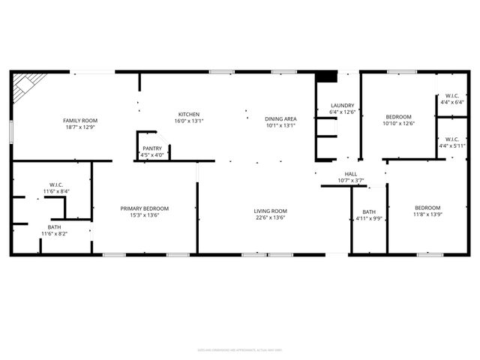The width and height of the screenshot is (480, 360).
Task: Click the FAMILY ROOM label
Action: tap(79, 120)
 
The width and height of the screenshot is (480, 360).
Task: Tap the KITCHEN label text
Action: tap(188, 114)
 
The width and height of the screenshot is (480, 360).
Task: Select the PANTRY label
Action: tap(152, 149)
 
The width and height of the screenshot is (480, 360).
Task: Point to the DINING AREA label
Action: tap(281, 119)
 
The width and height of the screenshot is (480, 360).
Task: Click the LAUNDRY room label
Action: tap(331, 106)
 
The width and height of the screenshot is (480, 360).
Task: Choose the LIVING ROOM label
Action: tap(270, 211)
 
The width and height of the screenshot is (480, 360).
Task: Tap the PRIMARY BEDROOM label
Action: tap(145, 208)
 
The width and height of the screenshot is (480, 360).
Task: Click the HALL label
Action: tap(351, 174)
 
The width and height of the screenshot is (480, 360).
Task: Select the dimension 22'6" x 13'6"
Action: tap(270, 217)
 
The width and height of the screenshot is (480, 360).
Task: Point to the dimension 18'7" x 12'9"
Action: tap(79, 127)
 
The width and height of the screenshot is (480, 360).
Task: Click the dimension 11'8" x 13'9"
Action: tap(427, 214)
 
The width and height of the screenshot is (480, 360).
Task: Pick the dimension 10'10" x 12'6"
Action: tap(398, 123)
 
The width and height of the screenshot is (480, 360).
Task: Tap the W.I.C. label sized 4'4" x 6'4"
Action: tap(451, 95)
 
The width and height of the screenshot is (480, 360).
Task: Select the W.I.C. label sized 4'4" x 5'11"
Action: tap(451, 139)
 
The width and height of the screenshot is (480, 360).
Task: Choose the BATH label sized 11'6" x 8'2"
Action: tap(55, 227)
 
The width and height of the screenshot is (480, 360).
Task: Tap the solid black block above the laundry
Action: tap(324, 76)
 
